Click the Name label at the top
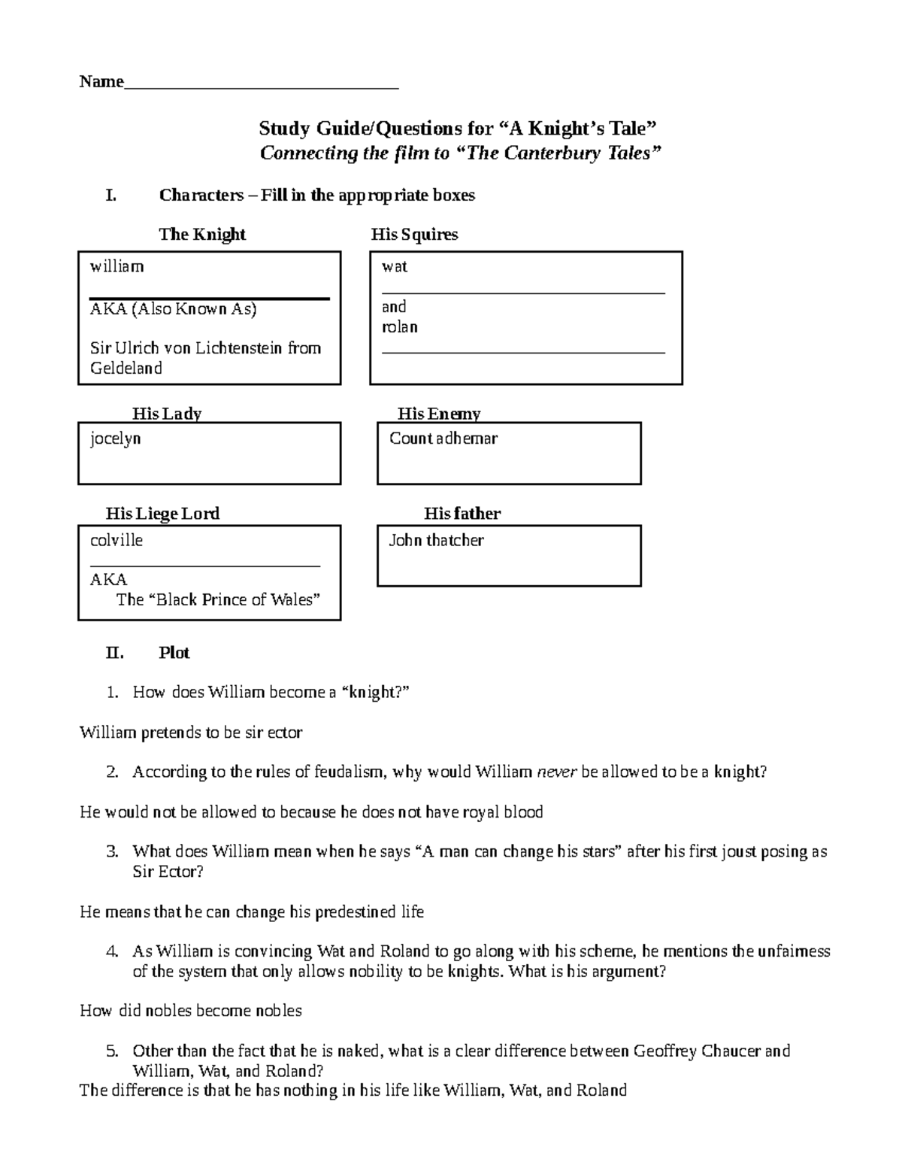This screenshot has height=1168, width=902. (x=101, y=82)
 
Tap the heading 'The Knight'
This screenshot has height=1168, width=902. (x=201, y=235)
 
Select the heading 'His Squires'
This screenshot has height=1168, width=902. (x=414, y=235)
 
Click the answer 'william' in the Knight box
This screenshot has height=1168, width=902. (x=117, y=267)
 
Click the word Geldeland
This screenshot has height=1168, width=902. (x=126, y=369)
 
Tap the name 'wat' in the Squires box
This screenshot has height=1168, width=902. (x=395, y=267)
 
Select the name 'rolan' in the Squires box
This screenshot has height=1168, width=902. (x=400, y=327)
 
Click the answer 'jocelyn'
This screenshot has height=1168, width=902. (x=116, y=438)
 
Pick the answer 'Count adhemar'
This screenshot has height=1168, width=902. (x=443, y=438)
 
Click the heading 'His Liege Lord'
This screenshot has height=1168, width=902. (x=162, y=514)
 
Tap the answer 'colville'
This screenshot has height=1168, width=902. (x=117, y=541)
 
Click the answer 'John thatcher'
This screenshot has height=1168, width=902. (x=436, y=541)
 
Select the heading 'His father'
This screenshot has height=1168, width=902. (x=462, y=514)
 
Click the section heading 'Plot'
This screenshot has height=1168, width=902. (x=174, y=653)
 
